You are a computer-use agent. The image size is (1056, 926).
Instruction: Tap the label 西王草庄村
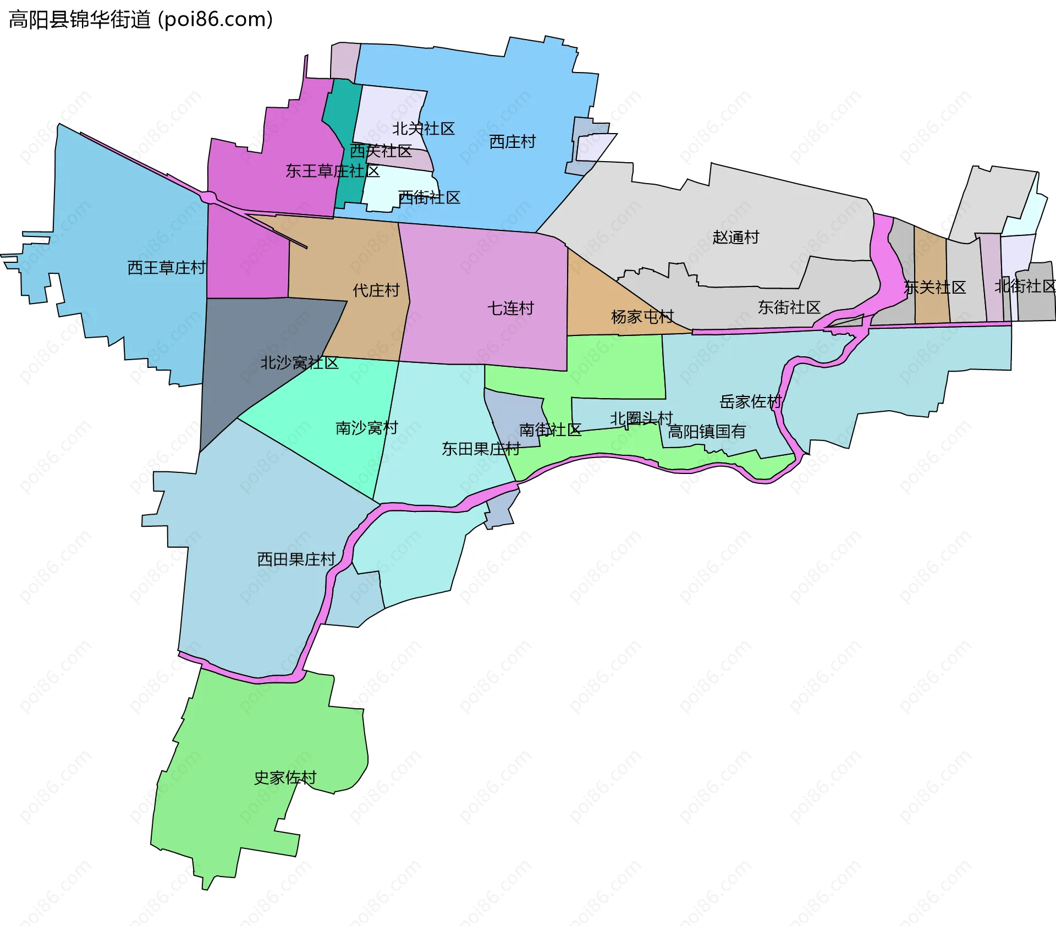(166, 268)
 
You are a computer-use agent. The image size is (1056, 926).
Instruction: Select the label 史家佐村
(285, 778)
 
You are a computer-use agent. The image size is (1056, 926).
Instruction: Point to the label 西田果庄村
(296, 559)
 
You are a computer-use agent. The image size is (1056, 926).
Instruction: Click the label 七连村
(510, 308)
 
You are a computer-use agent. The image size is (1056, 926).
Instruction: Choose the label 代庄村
(376, 290)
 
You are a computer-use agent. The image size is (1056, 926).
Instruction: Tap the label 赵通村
(735, 237)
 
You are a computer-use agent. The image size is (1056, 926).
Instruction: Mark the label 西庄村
(512, 142)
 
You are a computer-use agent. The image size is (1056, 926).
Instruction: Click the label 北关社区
(423, 129)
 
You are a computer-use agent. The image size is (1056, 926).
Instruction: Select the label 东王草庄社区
(332, 171)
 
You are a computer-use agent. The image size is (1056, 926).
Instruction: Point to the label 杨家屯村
(642, 317)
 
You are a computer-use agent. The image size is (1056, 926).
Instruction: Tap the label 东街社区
(789, 307)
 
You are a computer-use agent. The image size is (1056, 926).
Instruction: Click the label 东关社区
(935, 287)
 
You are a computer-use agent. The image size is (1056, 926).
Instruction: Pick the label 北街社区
(1025, 286)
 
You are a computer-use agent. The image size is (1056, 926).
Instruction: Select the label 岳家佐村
(750, 402)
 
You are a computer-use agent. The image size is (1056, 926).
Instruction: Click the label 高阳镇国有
(706, 432)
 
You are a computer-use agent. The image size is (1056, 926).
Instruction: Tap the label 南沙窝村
(366, 428)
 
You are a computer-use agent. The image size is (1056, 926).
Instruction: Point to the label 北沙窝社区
(299, 363)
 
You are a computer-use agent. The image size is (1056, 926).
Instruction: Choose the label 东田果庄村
(481, 449)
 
